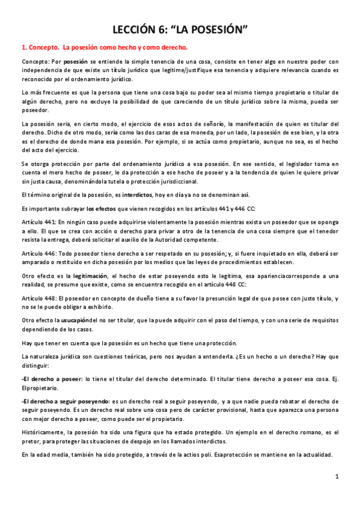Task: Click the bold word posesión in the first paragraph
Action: pyautogui.click(x=76, y=61)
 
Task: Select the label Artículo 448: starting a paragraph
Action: pyautogui.click(x=38, y=299)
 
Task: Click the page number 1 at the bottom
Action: pyautogui.click(x=337, y=476)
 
